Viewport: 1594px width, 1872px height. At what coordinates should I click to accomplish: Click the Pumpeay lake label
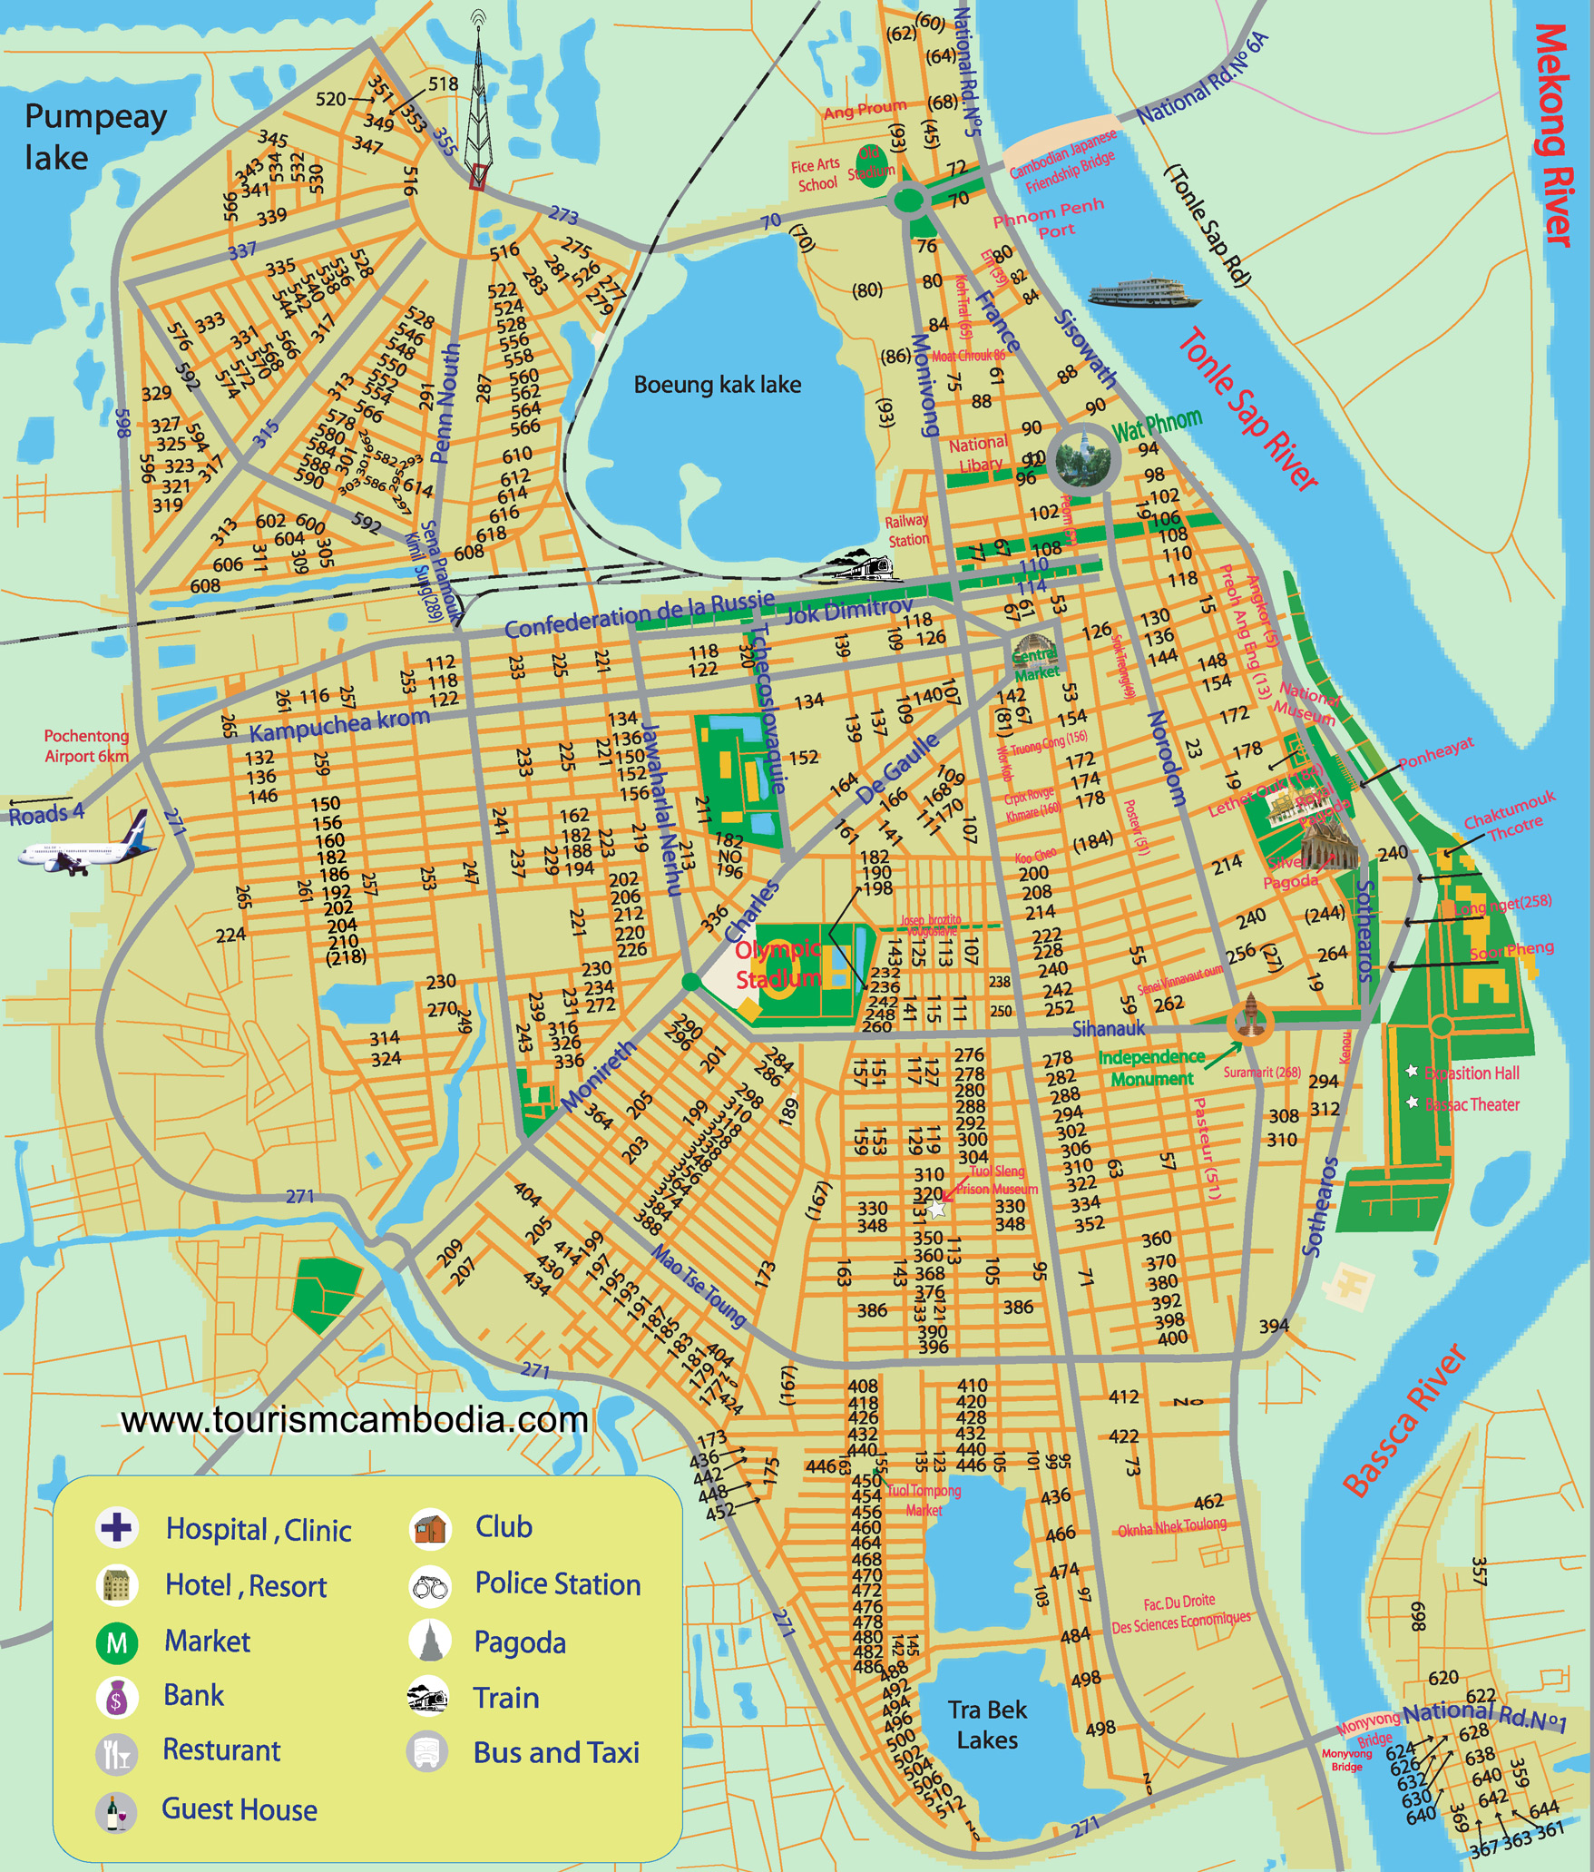94,137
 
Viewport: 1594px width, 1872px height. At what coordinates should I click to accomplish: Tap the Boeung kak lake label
717,385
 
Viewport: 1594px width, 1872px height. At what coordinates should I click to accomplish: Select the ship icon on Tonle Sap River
1144,294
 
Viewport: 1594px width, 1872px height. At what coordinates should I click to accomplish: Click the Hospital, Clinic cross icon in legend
116,1527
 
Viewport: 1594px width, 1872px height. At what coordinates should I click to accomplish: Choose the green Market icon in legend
116,1642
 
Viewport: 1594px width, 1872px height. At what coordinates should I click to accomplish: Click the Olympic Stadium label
779,965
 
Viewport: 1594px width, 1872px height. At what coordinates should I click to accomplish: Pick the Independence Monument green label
1151,1068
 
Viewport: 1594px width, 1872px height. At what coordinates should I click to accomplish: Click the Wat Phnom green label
1157,425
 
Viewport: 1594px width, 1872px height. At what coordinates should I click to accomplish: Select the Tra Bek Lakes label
987,1725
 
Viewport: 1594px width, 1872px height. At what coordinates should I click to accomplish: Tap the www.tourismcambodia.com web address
354,1420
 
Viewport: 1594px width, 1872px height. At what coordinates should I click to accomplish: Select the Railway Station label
907,530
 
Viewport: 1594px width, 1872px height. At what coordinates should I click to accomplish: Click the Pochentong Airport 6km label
86,746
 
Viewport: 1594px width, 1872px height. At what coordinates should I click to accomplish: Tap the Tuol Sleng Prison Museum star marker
937,1210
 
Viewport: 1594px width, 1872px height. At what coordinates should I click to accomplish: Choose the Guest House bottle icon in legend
115,1811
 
